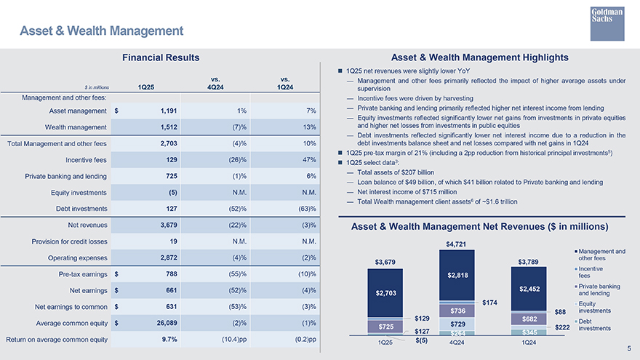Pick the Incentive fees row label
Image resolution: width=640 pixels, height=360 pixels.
(x=87, y=160)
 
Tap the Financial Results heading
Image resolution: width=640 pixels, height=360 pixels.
(x=161, y=57)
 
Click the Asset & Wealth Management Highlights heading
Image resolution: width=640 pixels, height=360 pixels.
(x=479, y=57)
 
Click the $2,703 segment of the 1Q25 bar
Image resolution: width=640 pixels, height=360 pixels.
(x=385, y=293)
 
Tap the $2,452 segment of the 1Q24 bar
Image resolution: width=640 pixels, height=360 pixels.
(x=529, y=289)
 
